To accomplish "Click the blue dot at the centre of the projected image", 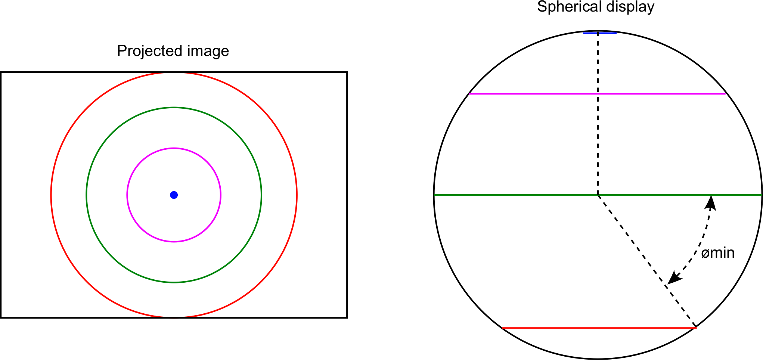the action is (174, 195).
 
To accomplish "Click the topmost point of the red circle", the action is (174, 72).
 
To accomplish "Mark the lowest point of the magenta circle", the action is (174, 242).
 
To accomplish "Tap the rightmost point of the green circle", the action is (261, 195).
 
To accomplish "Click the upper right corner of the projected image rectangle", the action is (347, 72).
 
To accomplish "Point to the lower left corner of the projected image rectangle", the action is (1, 318).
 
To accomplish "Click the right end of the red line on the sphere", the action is (697, 328).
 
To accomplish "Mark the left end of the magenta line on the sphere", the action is (469, 94).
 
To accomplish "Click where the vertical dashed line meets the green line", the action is (598, 195).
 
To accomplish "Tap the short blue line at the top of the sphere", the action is (600, 33).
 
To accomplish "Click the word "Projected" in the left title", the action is (150, 51).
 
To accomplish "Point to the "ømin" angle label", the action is (718, 253).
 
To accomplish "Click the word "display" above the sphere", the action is (627, 7).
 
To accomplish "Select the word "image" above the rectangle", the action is (208, 51).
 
